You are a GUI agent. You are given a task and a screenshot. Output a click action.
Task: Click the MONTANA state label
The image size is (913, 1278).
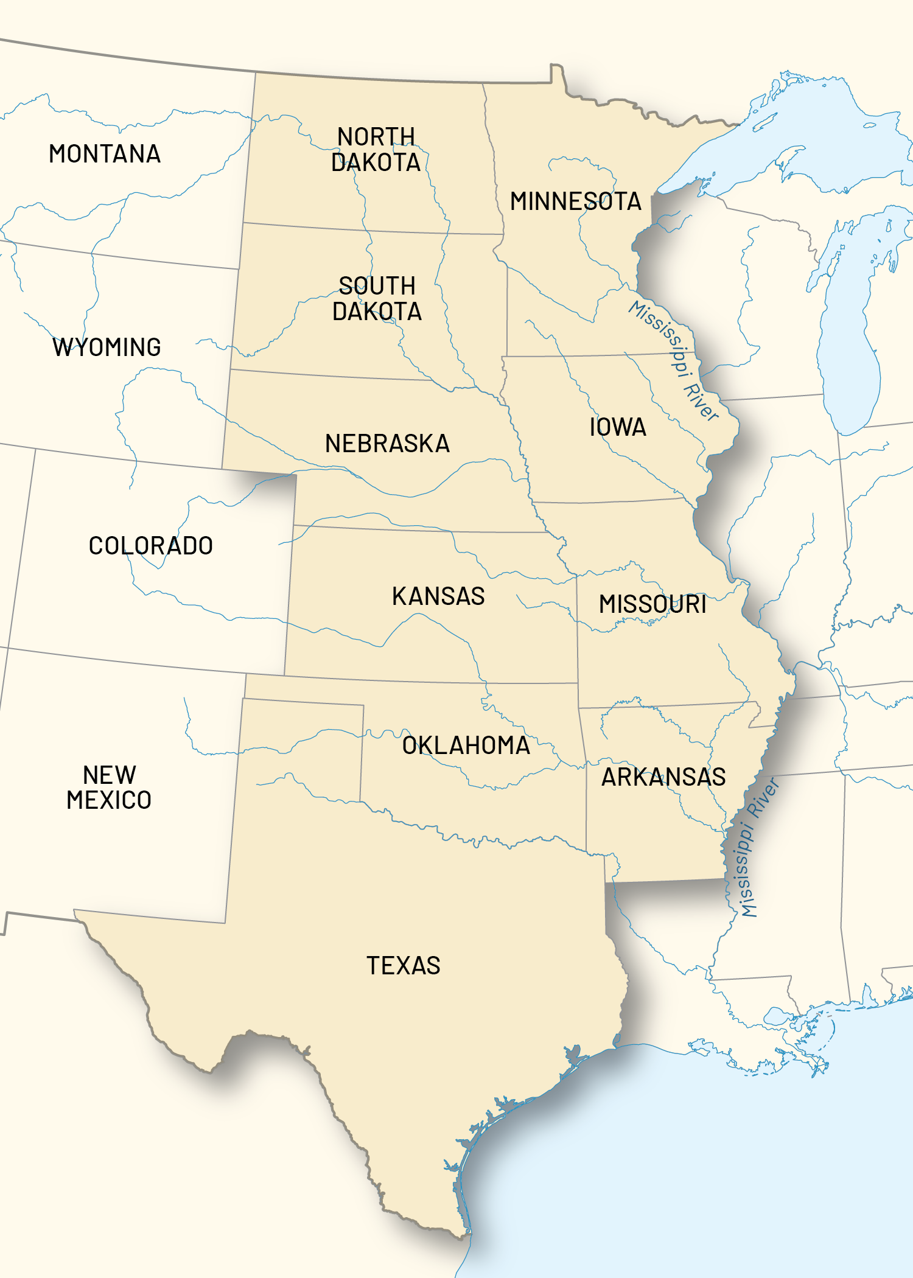[x=105, y=154]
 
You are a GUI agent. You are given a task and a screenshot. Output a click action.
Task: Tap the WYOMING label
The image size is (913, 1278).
[x=107, y=347]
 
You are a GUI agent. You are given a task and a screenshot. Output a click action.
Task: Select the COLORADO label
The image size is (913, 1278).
[x=151, y=546]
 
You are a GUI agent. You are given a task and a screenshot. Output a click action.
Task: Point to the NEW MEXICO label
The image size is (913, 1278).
[x=109, y=787]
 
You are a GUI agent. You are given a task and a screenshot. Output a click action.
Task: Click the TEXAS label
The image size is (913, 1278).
[x=403, y=966]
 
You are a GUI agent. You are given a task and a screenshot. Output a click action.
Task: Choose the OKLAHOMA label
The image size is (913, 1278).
[x=466, y=745]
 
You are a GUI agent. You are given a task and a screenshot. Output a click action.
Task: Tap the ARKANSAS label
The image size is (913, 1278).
[x=663, y=777]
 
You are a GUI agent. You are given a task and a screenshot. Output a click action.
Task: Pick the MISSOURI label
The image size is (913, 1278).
[x=652, y=604]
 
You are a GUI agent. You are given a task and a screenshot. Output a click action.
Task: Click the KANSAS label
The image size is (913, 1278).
[x=438, y=596]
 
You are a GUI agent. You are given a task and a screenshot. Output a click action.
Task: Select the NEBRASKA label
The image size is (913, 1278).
[x=388, y=444]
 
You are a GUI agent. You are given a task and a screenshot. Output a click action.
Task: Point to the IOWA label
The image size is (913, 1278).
[x=618, y=427]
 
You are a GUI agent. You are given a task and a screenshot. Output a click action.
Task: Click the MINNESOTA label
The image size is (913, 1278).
[x=576, y=201]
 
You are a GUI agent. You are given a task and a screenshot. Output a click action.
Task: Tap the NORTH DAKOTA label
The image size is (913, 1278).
[x=376, y=150]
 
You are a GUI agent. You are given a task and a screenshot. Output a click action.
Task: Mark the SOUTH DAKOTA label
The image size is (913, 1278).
[x=377, y=299]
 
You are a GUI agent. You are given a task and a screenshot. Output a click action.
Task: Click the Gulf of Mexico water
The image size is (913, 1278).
[x=700, y=1156]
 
